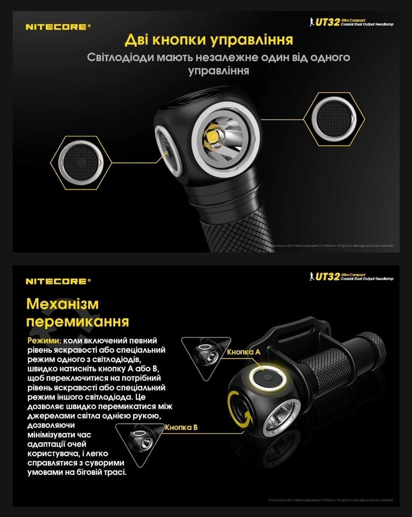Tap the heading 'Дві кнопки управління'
coord(209,40)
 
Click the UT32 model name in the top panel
coord(327,22)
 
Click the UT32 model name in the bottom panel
coord(327,276)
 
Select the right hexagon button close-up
coord(334,118)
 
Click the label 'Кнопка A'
coord(244,352)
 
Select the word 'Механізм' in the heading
coord(62,304)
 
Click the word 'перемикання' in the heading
coord(78,322)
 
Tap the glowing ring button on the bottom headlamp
coord(268,379)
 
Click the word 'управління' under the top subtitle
coord(218,71)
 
